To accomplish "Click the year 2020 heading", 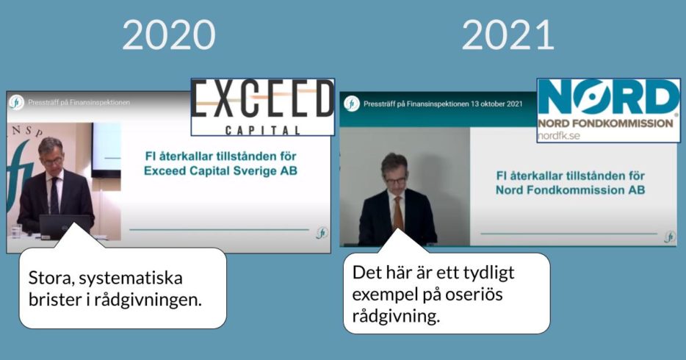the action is click(x=169, y=35).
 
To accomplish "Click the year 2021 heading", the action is click(x=508, y=35).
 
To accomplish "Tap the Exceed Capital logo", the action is click(x=263, y=107).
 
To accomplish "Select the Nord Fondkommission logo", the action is click(x=609, y=110).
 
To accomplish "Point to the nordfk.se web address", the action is click(x=559, y=136).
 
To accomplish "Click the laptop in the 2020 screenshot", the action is click(x=65, y=226).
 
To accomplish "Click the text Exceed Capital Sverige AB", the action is click(x=220, y=170).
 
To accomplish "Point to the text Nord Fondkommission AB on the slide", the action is click(x=570, y=190).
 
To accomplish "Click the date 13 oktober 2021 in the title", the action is click(x=497, y=104).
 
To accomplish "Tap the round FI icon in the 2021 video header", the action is click(x=351, y=104).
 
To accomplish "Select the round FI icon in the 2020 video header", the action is click(x=16, y=102).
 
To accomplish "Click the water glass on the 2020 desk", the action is click(x=16, y=231).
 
